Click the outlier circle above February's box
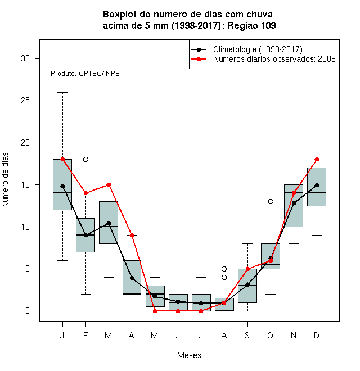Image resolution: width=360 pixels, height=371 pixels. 85,159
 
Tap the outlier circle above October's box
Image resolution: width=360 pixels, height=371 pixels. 271,201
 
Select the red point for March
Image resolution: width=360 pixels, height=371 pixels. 109,184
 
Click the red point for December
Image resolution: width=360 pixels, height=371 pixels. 317,159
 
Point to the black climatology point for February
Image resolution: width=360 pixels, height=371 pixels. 85,235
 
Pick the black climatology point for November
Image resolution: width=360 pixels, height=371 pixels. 294,203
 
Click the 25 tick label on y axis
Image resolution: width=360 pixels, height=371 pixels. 25,101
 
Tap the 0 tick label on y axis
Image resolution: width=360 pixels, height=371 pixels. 28,311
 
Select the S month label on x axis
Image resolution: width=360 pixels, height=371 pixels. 247,335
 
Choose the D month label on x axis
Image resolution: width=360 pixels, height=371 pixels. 317,335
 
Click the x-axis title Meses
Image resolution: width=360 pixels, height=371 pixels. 189,355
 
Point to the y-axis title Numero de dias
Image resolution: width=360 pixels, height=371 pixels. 5,180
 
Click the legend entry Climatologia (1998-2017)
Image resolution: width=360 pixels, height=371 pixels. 258,49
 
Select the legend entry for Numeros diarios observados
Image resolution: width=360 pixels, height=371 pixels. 274,58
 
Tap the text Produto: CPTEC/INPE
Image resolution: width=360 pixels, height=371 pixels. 85,74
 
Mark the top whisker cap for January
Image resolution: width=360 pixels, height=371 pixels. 63,93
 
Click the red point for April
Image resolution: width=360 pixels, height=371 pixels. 132,235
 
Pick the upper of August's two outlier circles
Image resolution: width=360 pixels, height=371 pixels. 224,269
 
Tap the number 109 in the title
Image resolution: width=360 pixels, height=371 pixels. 268,25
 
